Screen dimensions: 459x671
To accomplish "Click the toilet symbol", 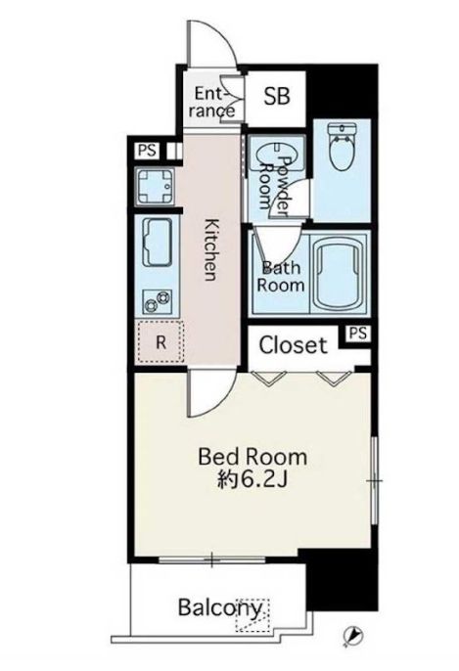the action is tap(342, 147).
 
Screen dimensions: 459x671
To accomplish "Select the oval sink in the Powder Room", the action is tap(277, 155).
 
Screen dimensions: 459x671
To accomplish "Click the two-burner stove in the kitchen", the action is tap(158, 300).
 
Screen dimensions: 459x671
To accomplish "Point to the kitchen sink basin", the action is tap(158, 243).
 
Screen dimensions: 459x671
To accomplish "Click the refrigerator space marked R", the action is tap(161, 342).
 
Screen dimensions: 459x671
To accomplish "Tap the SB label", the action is tap(277, 96).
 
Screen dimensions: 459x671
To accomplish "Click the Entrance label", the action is tap(212, 102).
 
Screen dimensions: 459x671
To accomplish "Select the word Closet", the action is tap(294, 345).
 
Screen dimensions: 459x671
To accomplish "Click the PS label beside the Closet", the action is tap(358, 334).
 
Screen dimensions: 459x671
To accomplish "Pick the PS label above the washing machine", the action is tap(147, 151).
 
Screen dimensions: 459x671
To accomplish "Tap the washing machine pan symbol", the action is tap(155, 187).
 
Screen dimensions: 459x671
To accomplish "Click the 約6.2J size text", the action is tap(252, 480).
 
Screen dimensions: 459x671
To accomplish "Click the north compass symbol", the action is tap(353, 636).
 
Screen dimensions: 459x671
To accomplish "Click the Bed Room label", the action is tap(252, 457).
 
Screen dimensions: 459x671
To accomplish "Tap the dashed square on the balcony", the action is tap(252, 615).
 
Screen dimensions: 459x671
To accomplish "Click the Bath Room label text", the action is tap(281, 277).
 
